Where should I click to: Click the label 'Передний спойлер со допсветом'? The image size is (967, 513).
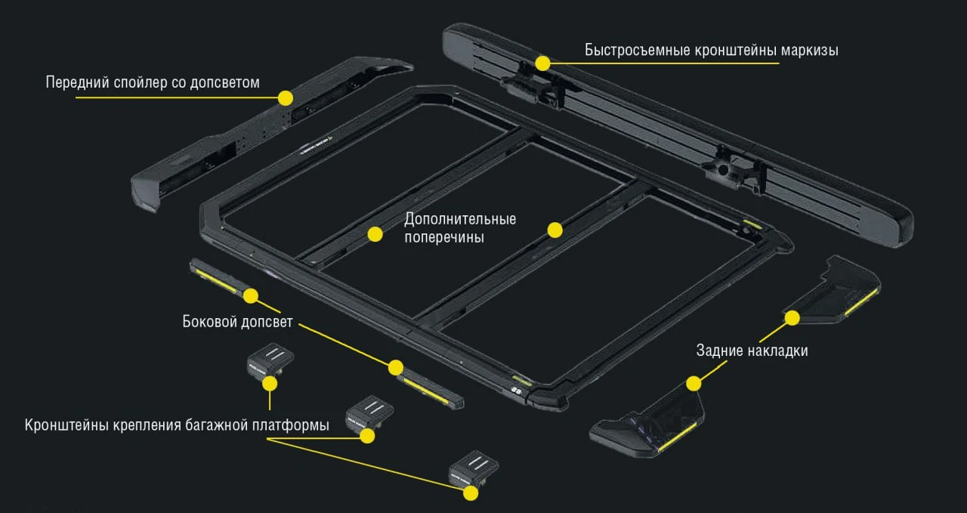coord(153,82)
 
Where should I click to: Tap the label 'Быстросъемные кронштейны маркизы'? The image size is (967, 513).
coord(712,50)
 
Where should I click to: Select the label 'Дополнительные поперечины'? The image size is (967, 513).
coord(460,228)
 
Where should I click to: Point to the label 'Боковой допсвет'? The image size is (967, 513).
coord(237,322)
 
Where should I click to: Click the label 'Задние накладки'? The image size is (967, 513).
coord(752,351)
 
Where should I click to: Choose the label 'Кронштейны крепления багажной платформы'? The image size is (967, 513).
coord(177,425)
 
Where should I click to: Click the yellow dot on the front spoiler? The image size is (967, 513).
coord(286,98)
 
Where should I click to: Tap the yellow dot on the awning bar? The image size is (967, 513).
coord(542,63)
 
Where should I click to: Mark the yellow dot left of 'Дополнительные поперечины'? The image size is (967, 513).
coord(375,234)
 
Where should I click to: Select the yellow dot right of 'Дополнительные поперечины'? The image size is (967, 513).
coord(555,230)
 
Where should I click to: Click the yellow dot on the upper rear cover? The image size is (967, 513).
coord(792,318)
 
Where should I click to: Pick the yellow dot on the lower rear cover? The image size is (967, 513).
coord(694,384)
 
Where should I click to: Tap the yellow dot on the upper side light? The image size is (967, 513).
coord(251,296)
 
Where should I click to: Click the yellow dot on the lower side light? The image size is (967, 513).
coord(395,368)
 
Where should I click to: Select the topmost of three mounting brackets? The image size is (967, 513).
coord(270,361)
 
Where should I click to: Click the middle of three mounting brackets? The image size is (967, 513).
coord(369,414)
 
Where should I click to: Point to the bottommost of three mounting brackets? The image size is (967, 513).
coord(474,468)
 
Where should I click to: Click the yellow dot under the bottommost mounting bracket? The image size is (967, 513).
coord(471,493)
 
